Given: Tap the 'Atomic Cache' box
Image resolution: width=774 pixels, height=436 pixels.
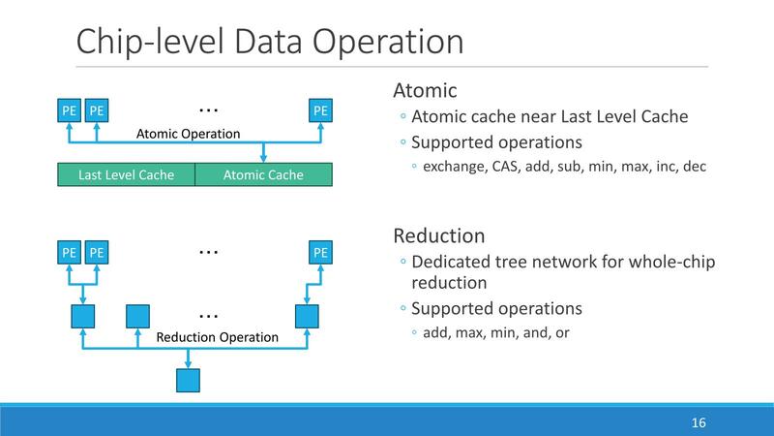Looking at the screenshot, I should (x=263, y=175).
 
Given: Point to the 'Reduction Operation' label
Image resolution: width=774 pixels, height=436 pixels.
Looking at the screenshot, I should (x=217, y=337).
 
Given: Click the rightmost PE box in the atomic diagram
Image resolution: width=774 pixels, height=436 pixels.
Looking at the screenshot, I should (x=321, y=110).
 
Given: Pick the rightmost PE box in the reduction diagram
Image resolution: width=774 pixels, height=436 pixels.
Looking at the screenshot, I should (x=321, y=254).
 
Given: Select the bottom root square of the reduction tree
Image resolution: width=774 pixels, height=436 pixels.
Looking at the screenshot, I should (x=188, y=379).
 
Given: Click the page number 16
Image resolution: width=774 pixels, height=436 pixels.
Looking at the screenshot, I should (x=699, y=423).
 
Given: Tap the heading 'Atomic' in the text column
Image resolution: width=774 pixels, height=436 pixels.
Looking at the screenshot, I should (x=425, y=91).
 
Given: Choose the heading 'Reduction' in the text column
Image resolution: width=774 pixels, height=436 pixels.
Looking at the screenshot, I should (x=438, y=235).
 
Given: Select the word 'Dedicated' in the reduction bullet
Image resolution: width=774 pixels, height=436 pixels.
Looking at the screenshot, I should (x=450, y=263).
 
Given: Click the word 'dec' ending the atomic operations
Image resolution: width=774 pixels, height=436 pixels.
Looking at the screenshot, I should (x=694, y=167).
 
